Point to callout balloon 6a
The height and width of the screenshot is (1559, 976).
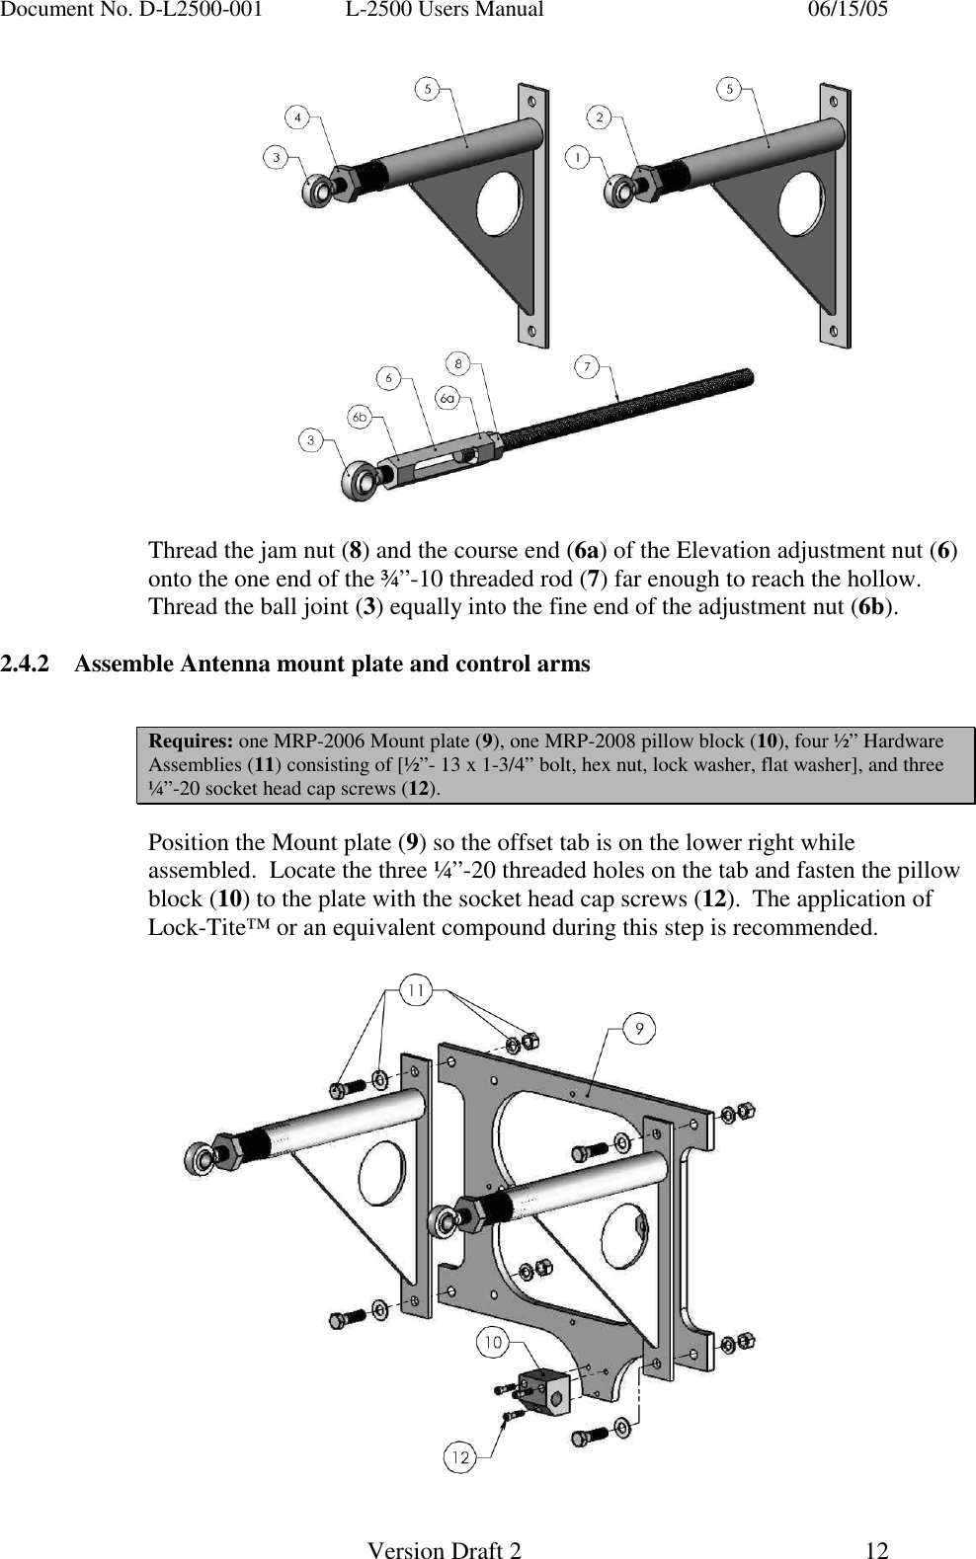pos(448,397)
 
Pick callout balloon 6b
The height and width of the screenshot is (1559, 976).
pos(361,417)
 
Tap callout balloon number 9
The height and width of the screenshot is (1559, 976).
pos(640,1029)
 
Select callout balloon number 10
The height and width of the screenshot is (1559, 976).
pos(493,1342)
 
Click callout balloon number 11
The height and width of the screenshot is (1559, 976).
pos(416,990)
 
